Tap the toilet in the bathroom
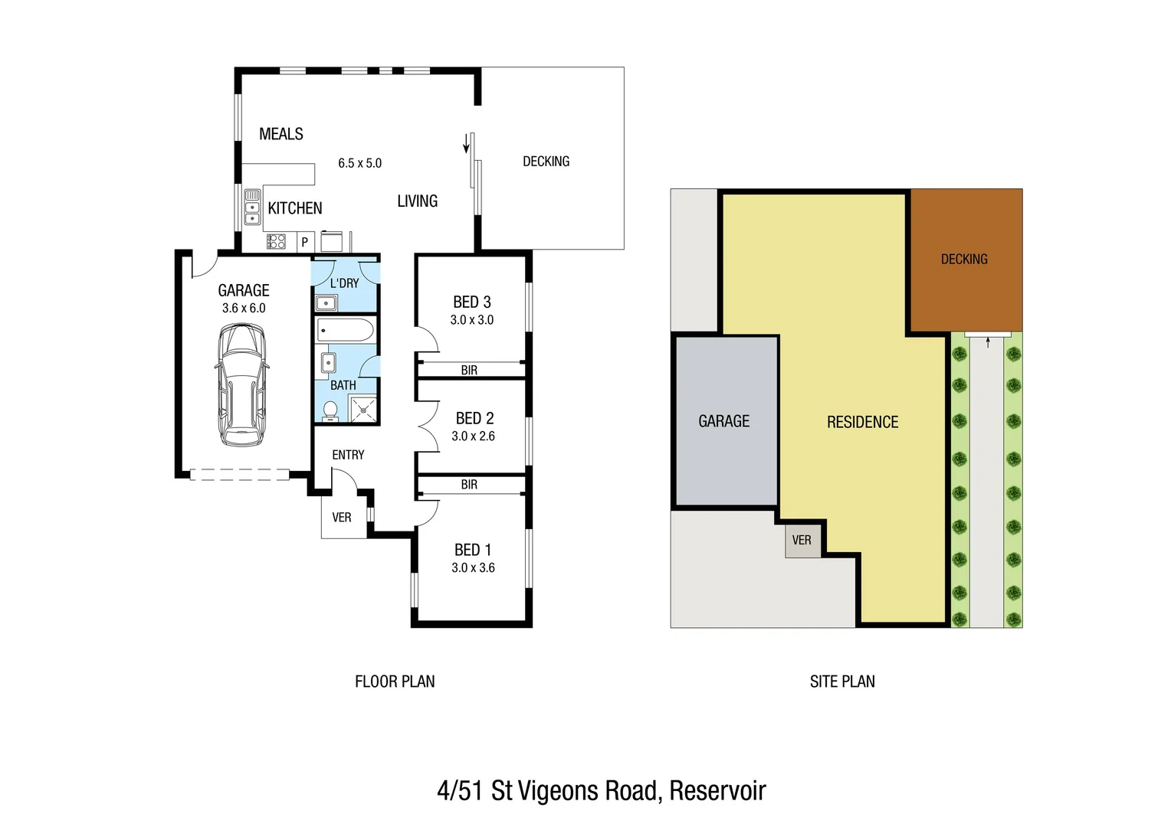click(x=330, y=410)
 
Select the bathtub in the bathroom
click(x=345, y=331)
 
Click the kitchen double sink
click(x=252, y=207)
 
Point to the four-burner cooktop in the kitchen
click(x=276, y=242)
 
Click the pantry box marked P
click(x=304, y=242)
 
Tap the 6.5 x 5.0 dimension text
click(x=359, y=163)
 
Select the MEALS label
click(x=280, y=134)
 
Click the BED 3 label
click(x=471, y=302)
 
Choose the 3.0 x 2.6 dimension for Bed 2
click(x=473, y=436)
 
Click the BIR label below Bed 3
click(x=469, y=371)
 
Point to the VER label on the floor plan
click(x=342, y=518)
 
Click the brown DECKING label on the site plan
click(x=963, y=260)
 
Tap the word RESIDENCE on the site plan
click(x=862, y=422)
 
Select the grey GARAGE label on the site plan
click(x=723, y=421)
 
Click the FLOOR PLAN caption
click(x=395, y=682)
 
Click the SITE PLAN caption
click(x=842, y=682)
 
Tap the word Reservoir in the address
click(x=717, y=790)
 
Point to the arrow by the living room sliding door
click(x=466, y=144)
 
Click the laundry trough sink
click(x=326, y=302)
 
